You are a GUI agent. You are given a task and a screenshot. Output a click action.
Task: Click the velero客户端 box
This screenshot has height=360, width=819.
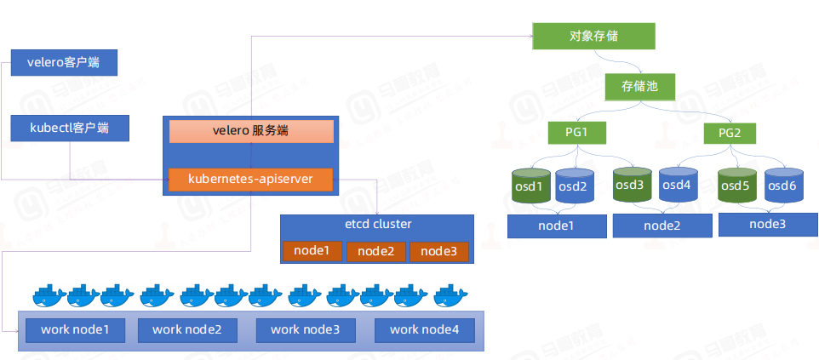coord(64,63)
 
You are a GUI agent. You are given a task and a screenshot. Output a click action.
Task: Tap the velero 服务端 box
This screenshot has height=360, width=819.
coord(250,131)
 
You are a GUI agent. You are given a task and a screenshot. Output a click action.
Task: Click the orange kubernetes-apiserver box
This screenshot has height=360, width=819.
coord(250,179)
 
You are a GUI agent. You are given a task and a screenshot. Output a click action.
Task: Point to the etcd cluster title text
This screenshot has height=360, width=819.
coord(374,225)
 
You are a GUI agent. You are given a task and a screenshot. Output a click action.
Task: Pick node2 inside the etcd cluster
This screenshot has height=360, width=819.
coord(375,251)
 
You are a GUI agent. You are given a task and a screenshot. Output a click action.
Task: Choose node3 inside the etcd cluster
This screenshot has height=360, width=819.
coord(438,251)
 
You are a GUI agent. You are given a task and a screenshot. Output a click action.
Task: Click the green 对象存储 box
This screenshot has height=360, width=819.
coord(593,36)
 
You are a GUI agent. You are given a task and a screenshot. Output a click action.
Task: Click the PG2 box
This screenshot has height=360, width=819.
coord(730,133)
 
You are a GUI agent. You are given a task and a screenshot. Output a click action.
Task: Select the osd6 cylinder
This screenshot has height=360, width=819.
coord(782,186)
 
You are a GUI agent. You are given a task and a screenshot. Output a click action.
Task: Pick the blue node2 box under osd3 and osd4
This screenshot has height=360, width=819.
coord(662,226)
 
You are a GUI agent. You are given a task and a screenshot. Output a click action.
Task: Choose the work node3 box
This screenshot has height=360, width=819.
coord(305,329)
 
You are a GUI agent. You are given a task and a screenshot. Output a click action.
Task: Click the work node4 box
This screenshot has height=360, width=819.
coord(424,329)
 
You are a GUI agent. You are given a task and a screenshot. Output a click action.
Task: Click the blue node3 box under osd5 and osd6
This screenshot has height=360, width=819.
coord(767,225)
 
